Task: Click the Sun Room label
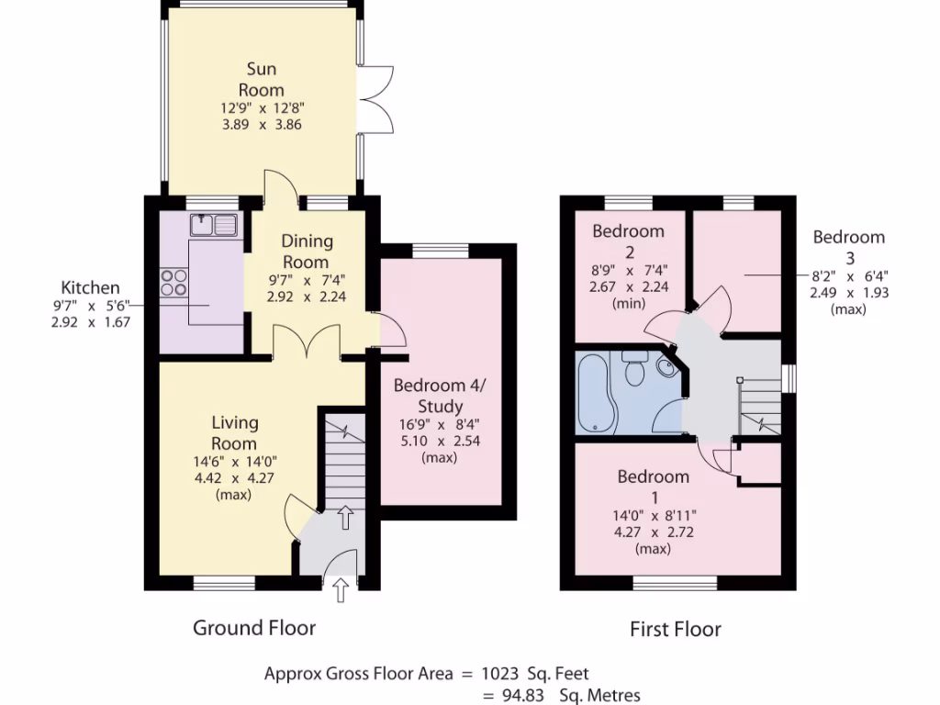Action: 261,80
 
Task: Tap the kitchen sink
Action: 213,223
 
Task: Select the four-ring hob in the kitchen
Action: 173,281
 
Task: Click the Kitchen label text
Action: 90,287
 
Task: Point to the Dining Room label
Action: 307,252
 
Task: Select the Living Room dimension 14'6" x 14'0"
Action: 235,462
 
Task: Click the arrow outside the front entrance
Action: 341,588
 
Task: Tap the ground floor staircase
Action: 342,459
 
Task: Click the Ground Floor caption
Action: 254,628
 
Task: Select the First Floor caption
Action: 676,629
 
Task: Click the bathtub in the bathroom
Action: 595,393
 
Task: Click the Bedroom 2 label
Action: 628,241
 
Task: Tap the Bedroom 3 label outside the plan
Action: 848,246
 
